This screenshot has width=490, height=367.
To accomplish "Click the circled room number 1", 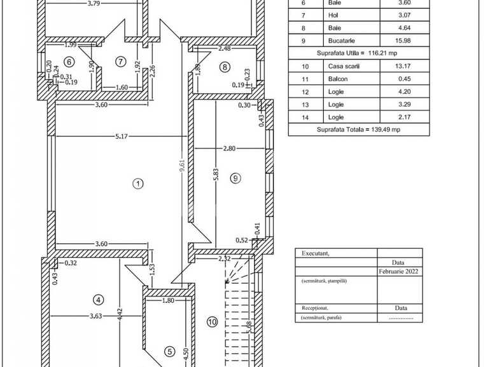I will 137,184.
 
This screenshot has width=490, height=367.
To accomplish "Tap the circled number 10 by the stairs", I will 212,322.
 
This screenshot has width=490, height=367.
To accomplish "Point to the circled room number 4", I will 98,300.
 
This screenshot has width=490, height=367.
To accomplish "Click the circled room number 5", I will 169,350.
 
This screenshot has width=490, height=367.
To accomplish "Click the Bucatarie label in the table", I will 341,41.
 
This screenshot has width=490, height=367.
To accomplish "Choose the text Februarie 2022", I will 400,270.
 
